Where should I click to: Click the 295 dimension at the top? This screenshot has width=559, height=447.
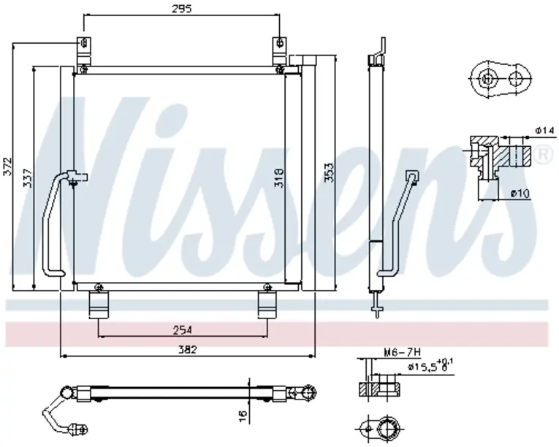[181, 8]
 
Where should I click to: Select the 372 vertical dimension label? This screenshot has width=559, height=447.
[7, 166]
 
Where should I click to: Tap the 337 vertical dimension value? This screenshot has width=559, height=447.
[28, 177]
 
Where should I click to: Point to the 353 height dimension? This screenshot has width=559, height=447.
[329, 172]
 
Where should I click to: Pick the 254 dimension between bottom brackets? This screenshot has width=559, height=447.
[183, 329]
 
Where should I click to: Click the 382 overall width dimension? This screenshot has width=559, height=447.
[188, 350]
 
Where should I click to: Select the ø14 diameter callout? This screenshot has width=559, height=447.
[544, 131]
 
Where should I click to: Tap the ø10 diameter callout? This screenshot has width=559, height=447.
[520, 194]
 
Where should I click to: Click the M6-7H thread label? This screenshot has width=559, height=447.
[402, 353]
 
